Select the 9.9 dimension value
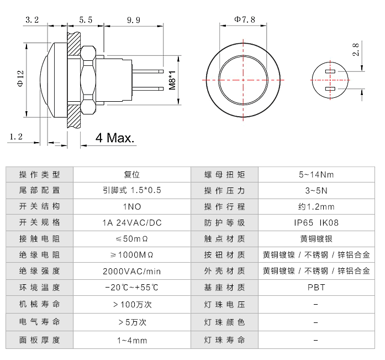click(x=133, y=19)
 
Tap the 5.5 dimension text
click(x=86, y=19)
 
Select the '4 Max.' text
click(x=115, y=138)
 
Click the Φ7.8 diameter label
click(x=244, y=19)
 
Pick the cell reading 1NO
click(x=131, y=207)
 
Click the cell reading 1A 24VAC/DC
click(x=131, y=223)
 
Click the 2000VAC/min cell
click(x=131, y=271)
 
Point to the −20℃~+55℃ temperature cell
click(x=131, y=287)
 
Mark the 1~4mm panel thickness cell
click(x=131, y=340)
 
